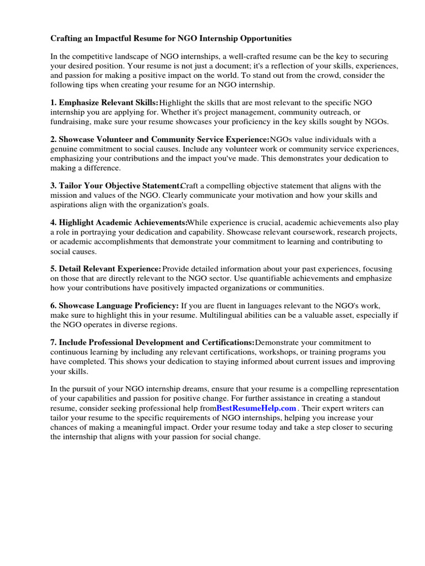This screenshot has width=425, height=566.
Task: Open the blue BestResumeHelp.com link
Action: point(256,408)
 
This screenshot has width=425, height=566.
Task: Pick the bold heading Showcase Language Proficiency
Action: point(118,305)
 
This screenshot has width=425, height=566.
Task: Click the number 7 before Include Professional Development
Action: point(53,342)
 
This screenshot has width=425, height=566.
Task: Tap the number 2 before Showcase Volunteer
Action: point(53,139)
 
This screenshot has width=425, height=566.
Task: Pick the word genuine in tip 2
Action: point(64,149)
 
